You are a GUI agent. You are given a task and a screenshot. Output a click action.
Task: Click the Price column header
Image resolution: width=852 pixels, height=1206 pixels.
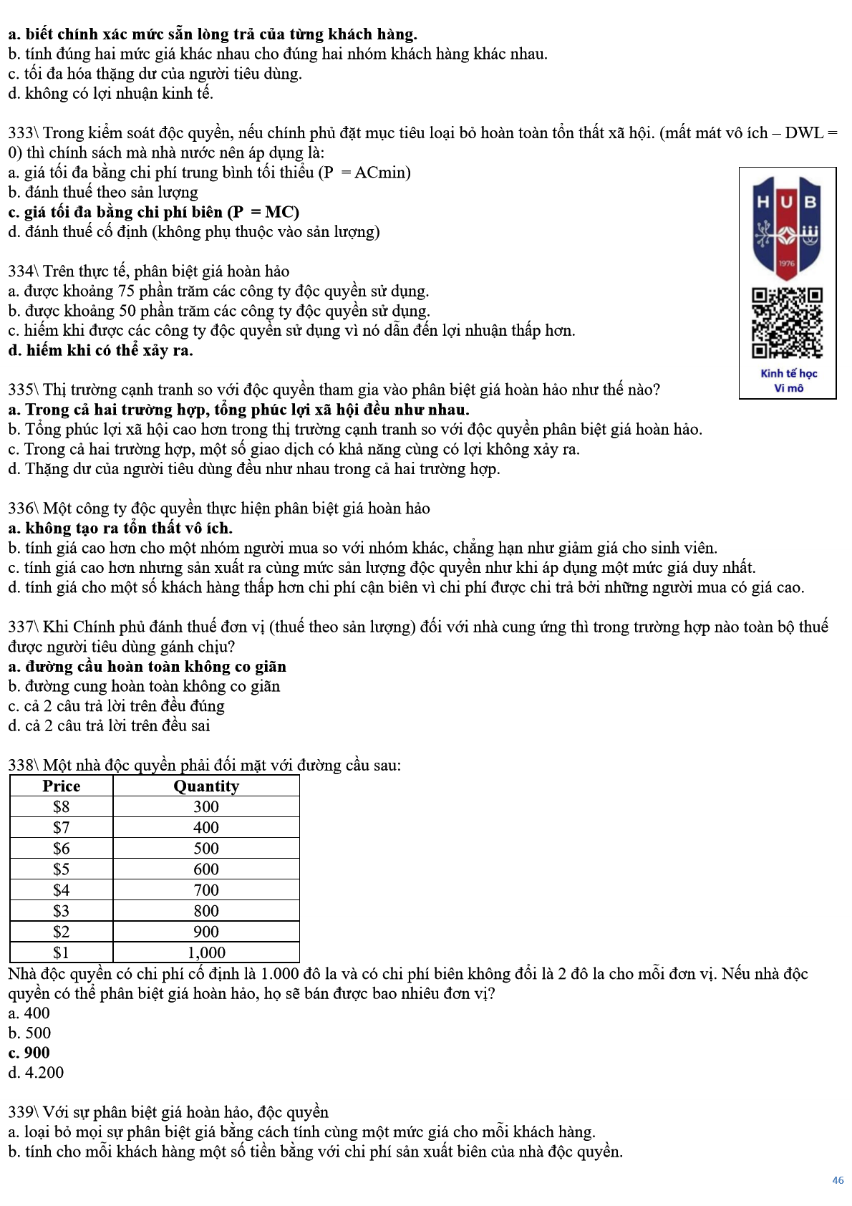point(62,786)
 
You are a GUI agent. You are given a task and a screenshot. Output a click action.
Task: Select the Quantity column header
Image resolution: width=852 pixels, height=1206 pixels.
point(206,786)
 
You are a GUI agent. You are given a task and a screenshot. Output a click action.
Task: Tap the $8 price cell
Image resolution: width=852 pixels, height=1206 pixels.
point(62,806)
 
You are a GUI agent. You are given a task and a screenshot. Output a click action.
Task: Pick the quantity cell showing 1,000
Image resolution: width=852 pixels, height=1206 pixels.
point(206,952)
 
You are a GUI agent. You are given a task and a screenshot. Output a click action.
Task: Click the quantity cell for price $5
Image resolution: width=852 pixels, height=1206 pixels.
point(206,869)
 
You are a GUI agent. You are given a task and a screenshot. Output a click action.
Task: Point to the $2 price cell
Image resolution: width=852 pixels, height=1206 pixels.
point(62,932)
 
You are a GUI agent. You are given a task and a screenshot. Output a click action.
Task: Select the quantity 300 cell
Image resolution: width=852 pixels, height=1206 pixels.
point(206,806)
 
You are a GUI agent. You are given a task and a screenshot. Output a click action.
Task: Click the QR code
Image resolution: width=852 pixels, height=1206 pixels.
point(787,322)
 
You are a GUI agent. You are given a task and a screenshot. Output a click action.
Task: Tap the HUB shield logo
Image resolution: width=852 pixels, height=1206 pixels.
point(787,226)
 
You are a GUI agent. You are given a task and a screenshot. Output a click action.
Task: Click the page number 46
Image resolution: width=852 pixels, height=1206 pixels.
point(838,1180)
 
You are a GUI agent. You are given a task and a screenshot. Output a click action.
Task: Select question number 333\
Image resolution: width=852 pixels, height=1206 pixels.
point(24,133)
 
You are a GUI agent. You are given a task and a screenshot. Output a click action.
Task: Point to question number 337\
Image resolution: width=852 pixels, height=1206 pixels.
point(24,627)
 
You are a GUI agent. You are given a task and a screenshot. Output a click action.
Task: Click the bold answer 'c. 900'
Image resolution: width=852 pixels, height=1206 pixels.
point(29,1053)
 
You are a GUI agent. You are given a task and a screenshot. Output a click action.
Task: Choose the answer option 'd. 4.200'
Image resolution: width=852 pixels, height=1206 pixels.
point(36,1073)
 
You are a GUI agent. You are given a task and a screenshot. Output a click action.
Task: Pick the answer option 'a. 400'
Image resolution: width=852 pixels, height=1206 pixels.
point(29,1013)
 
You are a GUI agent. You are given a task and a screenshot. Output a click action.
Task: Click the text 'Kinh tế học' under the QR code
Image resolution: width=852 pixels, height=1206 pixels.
point(788,373)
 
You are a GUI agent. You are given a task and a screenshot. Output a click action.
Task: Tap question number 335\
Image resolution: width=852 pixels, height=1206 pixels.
point(24,390)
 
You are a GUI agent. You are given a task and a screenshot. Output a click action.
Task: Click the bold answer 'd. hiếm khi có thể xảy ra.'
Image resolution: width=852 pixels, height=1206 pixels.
point(100,351)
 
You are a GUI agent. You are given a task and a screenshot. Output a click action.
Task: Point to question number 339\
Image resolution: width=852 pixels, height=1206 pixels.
point(24,1112)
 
